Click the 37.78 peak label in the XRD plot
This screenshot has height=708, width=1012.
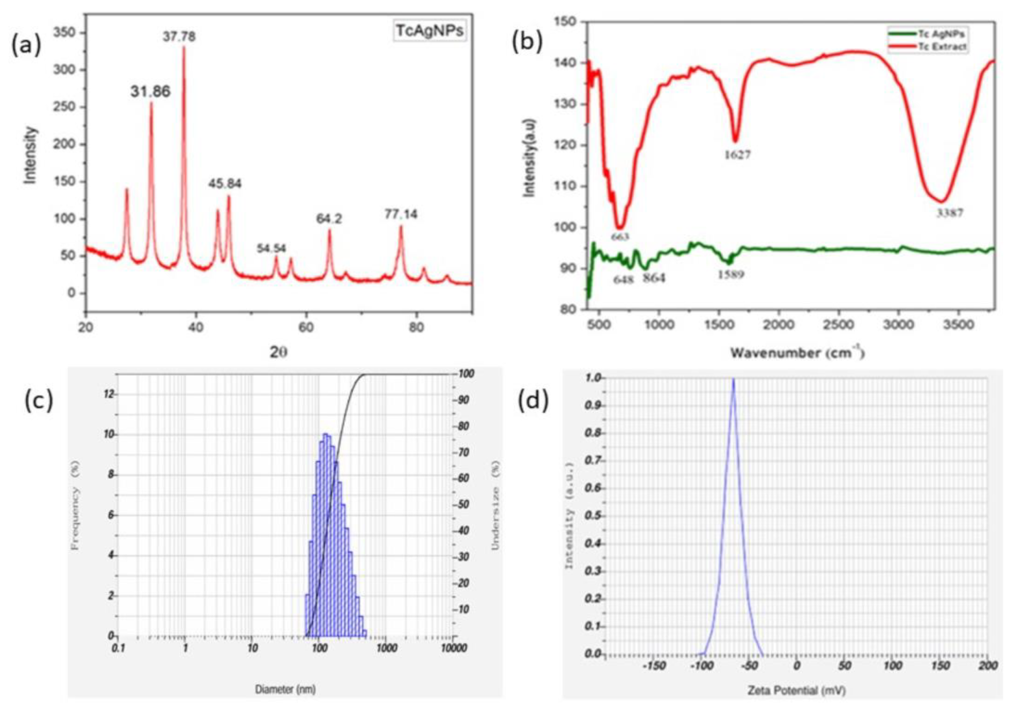(179, 37)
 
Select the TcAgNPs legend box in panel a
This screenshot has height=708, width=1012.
(429, 32)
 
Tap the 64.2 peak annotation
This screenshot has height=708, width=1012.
(329, 219)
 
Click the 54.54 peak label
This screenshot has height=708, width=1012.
(271, 248)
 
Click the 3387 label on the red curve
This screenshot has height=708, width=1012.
(950, 213)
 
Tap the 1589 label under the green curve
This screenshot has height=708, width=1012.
(731, 275)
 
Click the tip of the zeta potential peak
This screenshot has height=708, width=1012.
(733, 378)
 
